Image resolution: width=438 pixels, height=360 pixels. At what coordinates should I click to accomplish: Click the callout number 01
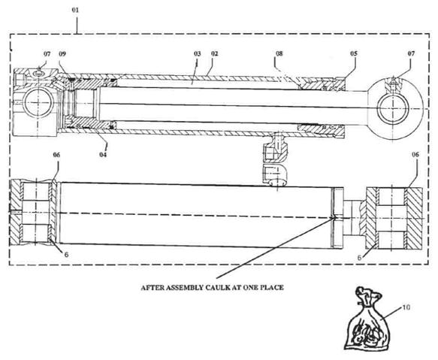pyautogui.click(x=75, y=11)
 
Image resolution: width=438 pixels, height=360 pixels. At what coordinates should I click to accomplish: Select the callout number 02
pyautogui.click(x=214, y=53)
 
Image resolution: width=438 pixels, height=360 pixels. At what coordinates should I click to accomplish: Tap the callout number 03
pyautogui.click(x=198, y=53)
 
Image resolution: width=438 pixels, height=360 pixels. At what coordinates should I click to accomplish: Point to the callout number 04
pyautogui.click(x=103, y=154)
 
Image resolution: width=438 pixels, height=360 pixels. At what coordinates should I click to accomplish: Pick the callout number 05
pyautogui.click(x=354, y=53)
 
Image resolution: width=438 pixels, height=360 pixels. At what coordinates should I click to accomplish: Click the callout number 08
pyautogui.click(x=279, y=53)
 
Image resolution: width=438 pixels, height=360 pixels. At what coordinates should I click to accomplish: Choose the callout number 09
pyautogui.click(x=62, y=53)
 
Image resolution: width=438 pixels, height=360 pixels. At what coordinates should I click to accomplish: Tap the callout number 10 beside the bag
pyautogui.click(x=406, y=307)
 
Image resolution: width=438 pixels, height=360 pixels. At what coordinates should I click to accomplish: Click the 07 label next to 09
pyautogui.click(x=47, y=53)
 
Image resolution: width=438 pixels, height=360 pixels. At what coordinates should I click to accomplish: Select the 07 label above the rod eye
pyautogui.click(x=411, y=53)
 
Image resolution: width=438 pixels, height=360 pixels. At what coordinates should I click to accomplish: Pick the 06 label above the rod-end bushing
pyautogui.click(x=415, y=154)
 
